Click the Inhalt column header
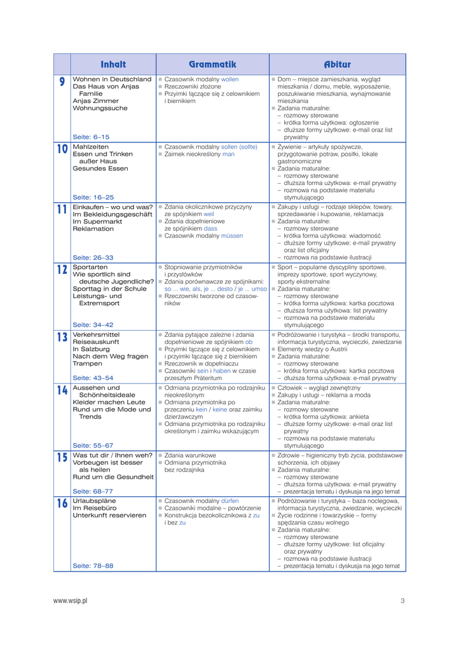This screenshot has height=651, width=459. (113, 64)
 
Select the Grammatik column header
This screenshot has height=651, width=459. (212, 64)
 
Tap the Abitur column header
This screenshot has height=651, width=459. (337, 64)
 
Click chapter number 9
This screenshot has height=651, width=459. (62, 82)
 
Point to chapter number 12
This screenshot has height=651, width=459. (62, 270)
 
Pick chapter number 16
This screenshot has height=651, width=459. (62, 504)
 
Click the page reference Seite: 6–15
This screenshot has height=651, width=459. (91, 137)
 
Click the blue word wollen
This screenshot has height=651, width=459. (229, 79)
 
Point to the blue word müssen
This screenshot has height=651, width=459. (232, 235)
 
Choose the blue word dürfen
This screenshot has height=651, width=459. (230, 500)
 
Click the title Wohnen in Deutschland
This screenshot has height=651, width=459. (112, 79)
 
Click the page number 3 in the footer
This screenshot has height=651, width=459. (402, 600)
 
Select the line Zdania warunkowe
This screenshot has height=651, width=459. (190, 455)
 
